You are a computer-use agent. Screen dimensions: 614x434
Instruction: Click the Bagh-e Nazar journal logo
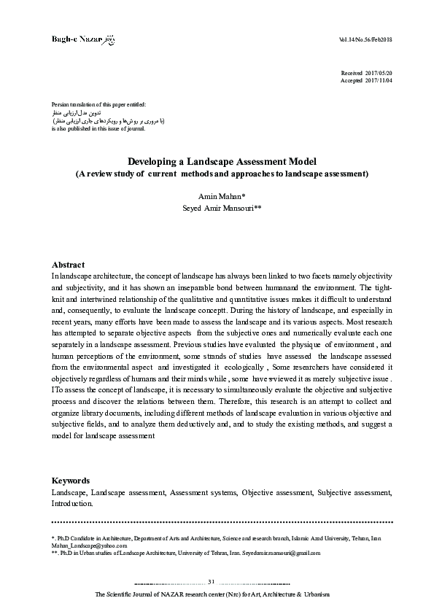[83, 37]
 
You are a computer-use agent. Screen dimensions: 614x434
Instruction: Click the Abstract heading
[68, 265]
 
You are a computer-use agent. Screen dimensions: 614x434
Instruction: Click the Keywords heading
[70, 481]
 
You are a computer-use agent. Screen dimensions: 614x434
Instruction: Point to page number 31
[212, 581]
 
